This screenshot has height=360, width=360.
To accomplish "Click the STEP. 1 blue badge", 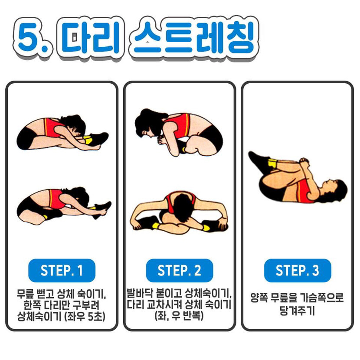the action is (62, 271).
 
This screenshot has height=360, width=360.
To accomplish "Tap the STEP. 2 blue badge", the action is (180, 271).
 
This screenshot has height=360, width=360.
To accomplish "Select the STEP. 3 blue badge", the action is (298, 271).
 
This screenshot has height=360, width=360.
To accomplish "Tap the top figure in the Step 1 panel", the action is (62, 133).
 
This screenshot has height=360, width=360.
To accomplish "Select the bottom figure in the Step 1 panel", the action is (64, 205).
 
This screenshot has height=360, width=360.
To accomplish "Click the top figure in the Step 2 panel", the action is (179, 132).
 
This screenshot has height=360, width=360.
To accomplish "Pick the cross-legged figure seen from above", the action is (179, 213).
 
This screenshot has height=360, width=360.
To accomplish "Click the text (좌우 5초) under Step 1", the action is (85, 317).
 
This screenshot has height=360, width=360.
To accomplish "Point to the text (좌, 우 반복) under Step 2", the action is (179, 316).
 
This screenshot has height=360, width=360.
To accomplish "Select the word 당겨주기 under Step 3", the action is (297, 311).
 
